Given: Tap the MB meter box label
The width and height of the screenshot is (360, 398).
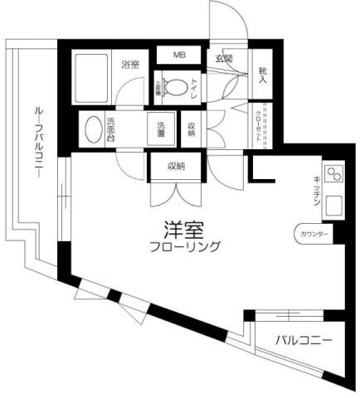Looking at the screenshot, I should (x=179, y=56).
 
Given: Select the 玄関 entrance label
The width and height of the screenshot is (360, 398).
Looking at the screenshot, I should (x=224, y=58).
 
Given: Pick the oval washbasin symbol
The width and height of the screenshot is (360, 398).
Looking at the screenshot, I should (x=90, y=129).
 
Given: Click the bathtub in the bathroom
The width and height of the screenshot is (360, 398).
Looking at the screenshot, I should (x=92, y=76).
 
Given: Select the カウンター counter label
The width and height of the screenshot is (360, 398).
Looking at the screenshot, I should (x=313, y=235).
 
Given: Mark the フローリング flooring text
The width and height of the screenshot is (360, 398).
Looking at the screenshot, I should (x=186, y=246).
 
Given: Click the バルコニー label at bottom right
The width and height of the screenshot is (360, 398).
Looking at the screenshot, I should (x=304, y=340).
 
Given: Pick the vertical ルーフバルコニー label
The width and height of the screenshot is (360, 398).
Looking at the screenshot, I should (x=40, y=145).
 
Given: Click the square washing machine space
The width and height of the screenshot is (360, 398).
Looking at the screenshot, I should (x=162, y=130).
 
